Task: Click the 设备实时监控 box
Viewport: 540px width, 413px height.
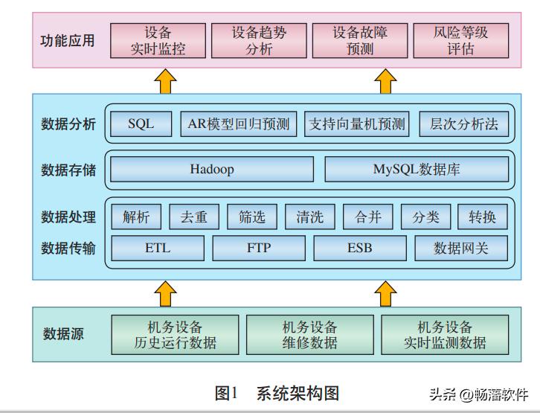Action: coord(158,41)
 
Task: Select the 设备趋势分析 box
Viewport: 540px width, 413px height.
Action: coord(259,41)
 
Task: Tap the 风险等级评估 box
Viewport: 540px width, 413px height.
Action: coord(460,41)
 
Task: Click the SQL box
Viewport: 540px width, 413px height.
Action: coord(141,124)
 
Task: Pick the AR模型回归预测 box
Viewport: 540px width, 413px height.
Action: coord(239,124)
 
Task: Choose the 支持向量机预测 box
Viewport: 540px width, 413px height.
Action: coord(357,124)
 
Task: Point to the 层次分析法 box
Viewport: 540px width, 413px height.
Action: coord(464,124)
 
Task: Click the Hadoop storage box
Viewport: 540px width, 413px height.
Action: coord(211,170)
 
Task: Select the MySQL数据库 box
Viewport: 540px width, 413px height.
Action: coord(417,170)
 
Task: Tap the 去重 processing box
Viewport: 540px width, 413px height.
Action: coord(194,217)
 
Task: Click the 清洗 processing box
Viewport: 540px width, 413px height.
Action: coord(309,217)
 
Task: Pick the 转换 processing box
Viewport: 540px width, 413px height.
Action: coord(483,217)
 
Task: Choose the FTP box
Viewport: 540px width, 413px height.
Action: coord(259,248)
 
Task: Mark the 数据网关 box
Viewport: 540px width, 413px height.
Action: coord(461,248)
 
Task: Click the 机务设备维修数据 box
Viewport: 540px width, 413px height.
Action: coord(309,335)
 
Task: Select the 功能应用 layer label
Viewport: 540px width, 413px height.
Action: coord(68,41)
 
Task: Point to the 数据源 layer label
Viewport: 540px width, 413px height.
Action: coord(63,334)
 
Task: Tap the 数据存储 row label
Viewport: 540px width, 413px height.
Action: coord(68,170)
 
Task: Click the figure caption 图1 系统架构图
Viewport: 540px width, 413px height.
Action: coord(277,393)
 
